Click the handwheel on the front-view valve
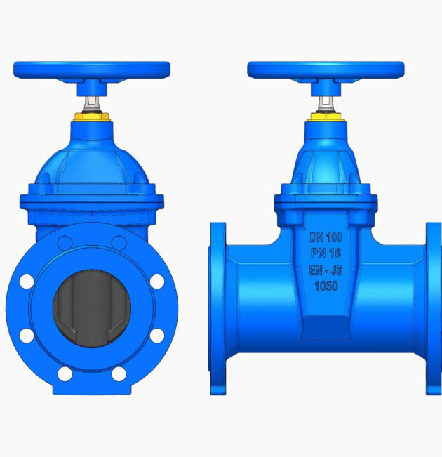[92, 70]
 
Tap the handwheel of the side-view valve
[326, 70]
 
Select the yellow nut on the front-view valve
[92, 117]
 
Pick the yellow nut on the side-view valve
[326, 117]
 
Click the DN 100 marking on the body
[326, 237]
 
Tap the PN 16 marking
[326, 253]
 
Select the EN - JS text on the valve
[326, 270]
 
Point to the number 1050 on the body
[326, 286]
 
